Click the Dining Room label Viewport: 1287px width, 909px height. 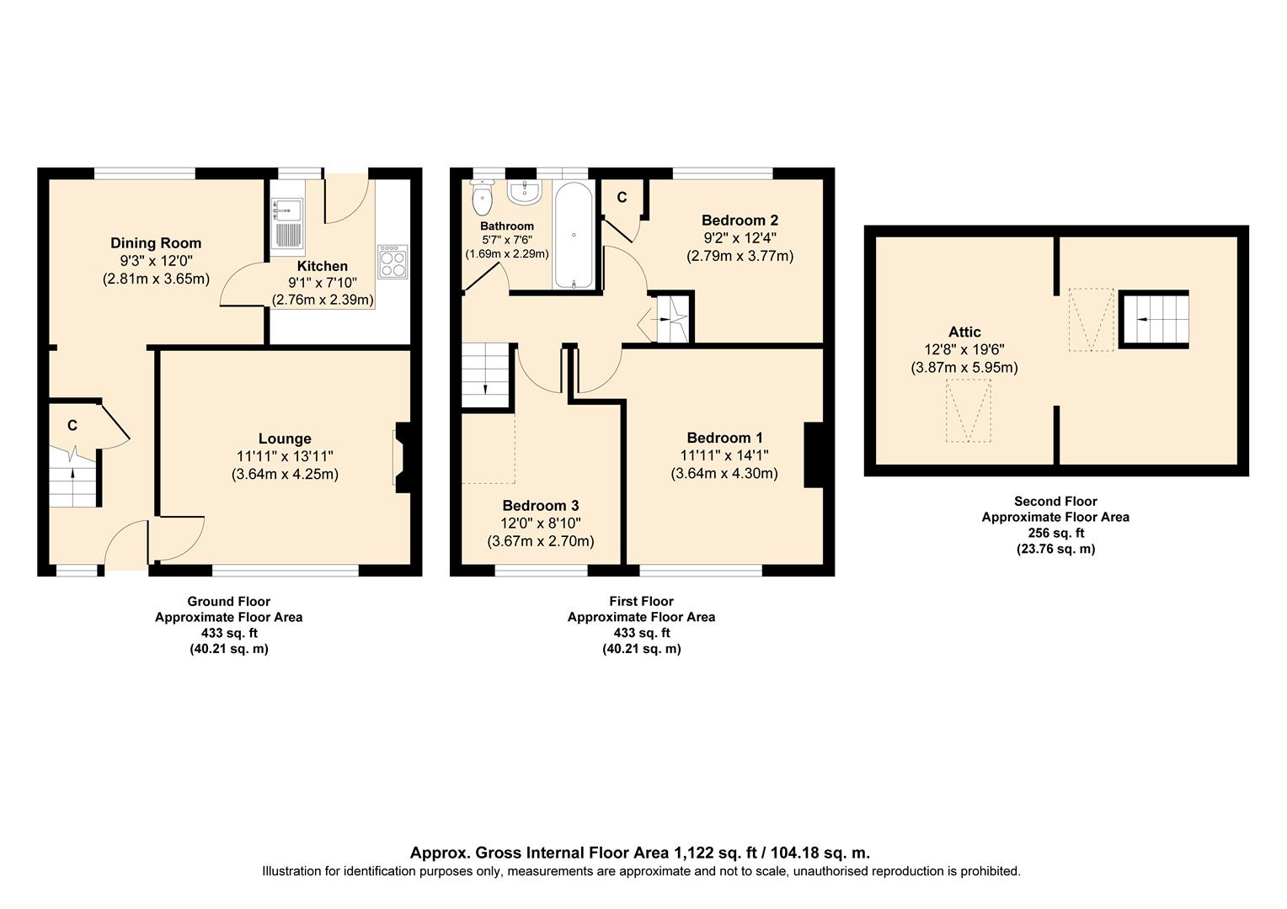coord(156,243)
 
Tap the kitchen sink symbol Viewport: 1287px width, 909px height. coord(286,223)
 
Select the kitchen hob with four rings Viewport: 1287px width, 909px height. coord(392,262)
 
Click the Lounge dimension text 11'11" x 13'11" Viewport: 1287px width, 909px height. coord(285,456)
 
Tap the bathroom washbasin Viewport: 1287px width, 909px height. coord(524,193)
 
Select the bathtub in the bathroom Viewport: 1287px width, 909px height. coord(574,236)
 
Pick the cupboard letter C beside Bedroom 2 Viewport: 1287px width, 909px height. coord(622,198)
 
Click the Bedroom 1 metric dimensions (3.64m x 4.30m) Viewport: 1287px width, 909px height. coord(724,474)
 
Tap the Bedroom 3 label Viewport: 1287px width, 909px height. coord(540,506)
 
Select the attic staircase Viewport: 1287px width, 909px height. coord(1153,319)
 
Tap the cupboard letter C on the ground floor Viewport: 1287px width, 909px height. coord(72,426)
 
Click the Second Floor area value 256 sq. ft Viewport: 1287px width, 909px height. coord(1055,533)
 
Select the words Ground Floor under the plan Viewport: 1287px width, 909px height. coord(228,602)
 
